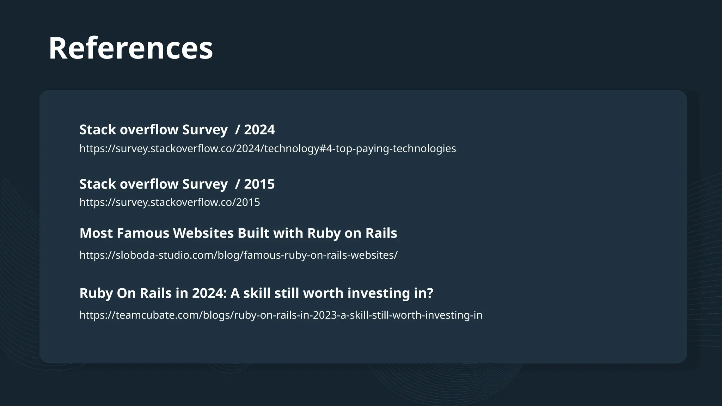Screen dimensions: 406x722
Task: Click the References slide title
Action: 130,48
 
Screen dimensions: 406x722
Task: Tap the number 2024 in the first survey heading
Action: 259,130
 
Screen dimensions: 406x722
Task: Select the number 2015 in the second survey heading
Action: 259,184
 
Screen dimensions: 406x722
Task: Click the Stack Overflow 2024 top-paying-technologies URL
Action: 268,148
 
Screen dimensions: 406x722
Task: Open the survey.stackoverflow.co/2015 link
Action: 170,202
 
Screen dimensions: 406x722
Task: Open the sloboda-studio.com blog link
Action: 238,255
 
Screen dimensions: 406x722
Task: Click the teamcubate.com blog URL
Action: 281,315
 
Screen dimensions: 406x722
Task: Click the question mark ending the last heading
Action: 430,293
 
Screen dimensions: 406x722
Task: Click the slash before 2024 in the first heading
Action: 238,130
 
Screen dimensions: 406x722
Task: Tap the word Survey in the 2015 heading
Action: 205,184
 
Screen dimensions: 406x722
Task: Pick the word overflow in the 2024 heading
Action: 149,130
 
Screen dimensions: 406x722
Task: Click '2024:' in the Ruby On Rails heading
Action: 209,293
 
